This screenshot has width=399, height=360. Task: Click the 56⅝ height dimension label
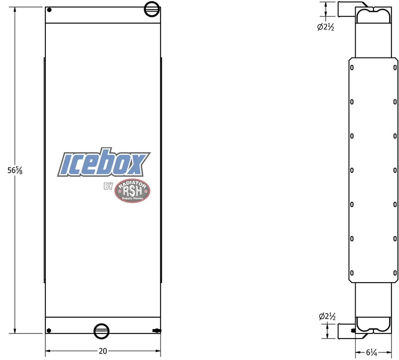pos(15,170)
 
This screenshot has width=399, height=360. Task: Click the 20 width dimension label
pos(103,351)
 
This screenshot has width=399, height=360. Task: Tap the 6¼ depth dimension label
pos(372,353)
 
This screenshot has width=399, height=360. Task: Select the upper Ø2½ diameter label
pos(326,27)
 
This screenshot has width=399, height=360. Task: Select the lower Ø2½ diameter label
pos(327,317)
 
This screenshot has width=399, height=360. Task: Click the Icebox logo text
pos(104,162)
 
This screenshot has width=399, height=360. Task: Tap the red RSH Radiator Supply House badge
pos(132,191)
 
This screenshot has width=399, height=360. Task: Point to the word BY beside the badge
pos(108,186)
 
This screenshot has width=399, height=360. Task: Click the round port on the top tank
pos(152,9)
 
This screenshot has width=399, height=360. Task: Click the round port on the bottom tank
pos(102,331)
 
